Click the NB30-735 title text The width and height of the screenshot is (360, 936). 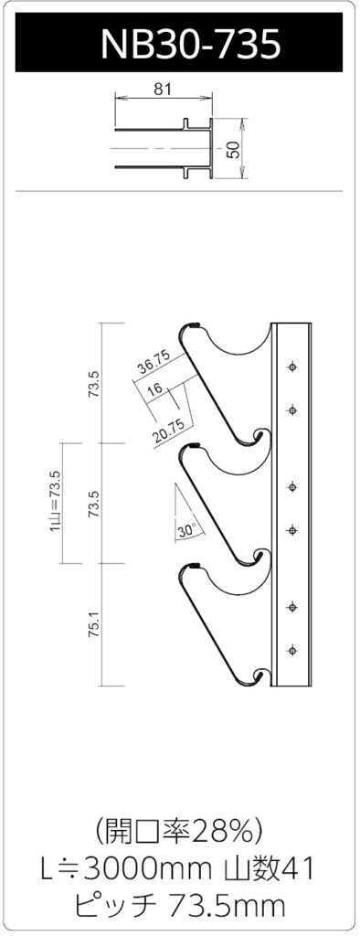[x=190, y=42]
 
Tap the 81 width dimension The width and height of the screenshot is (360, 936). [x=163, y=89]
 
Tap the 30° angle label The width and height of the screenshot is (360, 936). [x=186, y=529]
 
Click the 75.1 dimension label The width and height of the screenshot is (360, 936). [x=93, y=623]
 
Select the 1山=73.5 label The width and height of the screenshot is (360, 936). [x=56, y=502]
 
